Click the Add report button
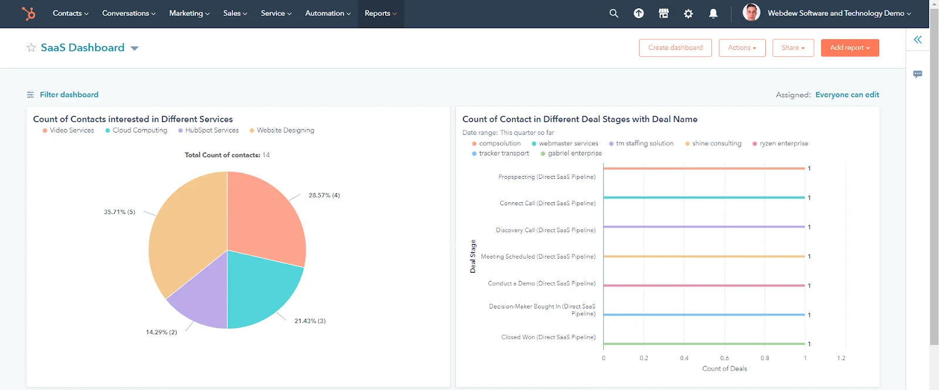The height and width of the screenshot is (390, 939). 849,48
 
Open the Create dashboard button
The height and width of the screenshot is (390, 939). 675,48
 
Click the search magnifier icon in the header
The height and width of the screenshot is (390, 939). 614,13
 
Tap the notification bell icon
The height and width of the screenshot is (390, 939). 713,13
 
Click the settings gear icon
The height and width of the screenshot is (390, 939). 688,13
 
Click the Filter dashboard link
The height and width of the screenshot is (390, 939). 69,94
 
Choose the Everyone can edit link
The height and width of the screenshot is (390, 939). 847,94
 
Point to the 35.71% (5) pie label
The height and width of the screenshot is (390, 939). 119,212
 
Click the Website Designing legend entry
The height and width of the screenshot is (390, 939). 285,130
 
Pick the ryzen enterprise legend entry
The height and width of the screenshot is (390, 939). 783,143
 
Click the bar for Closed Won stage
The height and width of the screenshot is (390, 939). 704,344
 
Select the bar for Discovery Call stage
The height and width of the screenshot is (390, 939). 704,227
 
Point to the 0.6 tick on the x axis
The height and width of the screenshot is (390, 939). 724,358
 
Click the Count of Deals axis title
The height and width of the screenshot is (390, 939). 724,369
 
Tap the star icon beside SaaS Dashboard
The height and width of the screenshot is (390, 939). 31,48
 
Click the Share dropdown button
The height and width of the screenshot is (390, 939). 793,48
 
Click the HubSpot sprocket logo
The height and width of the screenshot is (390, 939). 28,13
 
